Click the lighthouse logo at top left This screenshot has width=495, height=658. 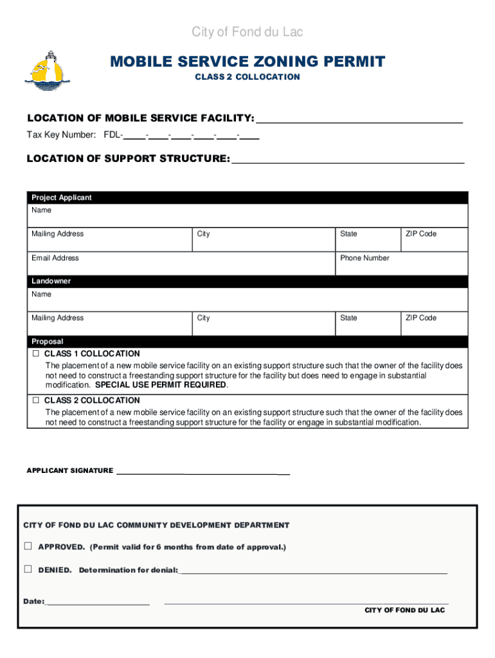(x=47, y=69)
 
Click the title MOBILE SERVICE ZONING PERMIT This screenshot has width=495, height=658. (x=248, y=62)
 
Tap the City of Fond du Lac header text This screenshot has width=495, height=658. (x=248, y=32)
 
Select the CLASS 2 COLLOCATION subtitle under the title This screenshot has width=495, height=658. (x=248, y=77)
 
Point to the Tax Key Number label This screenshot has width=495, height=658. (x=61, y=135)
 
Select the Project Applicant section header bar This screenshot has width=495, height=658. (x=248, y=198)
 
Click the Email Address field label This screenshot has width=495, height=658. (x=55, y=258)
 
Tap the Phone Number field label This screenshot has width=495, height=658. (x=364, y=258)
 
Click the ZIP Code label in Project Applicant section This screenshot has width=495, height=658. (x=420, y=234)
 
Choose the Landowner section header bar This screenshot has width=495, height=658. (x=248, y=281)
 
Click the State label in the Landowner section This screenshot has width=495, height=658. (x=348, y=318)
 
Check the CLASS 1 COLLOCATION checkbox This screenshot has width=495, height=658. (x=36, y=354)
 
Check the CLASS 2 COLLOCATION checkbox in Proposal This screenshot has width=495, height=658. (x=36, y=400)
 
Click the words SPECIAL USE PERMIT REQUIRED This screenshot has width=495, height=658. (x=161, y=385)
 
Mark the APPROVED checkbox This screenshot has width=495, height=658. (x=28, y=546)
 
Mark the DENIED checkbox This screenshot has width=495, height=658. (x=28, y=569)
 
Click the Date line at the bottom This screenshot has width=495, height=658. (x=98, y=602)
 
